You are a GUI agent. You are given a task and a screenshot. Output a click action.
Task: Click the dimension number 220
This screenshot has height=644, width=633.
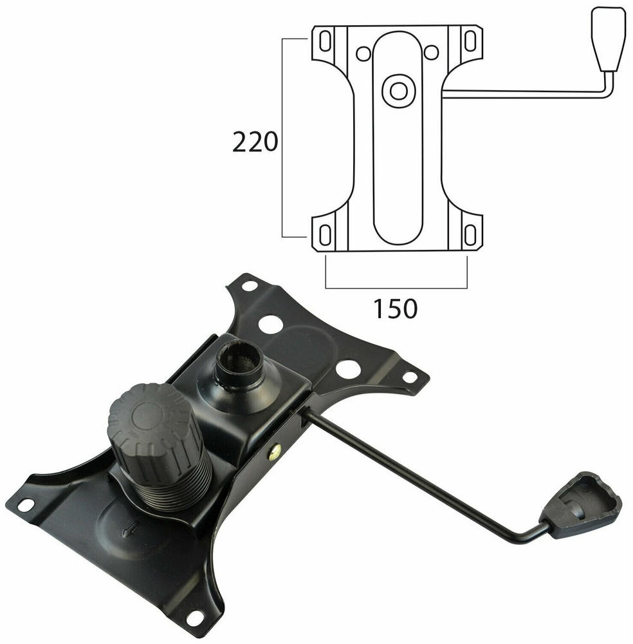[255, 142]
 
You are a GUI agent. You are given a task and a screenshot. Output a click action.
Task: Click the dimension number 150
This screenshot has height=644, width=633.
[394, 309]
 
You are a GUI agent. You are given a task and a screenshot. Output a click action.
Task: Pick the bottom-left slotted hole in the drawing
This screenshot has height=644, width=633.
[326, 234]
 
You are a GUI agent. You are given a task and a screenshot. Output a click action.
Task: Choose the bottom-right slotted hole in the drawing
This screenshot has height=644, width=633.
[470, 234]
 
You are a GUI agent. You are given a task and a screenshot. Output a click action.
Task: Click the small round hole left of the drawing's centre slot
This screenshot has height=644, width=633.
[363, 53]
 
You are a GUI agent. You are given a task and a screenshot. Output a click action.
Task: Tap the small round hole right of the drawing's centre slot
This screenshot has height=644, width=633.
[431, 52]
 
